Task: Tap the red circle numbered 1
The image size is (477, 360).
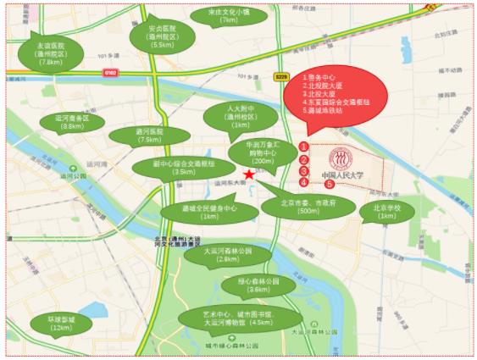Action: tap(303, 147)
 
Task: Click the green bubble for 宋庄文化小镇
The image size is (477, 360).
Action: tap(218, 17)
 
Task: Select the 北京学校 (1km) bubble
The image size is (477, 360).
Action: tap(387, 210)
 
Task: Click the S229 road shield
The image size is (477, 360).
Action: tap(283, 76)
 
